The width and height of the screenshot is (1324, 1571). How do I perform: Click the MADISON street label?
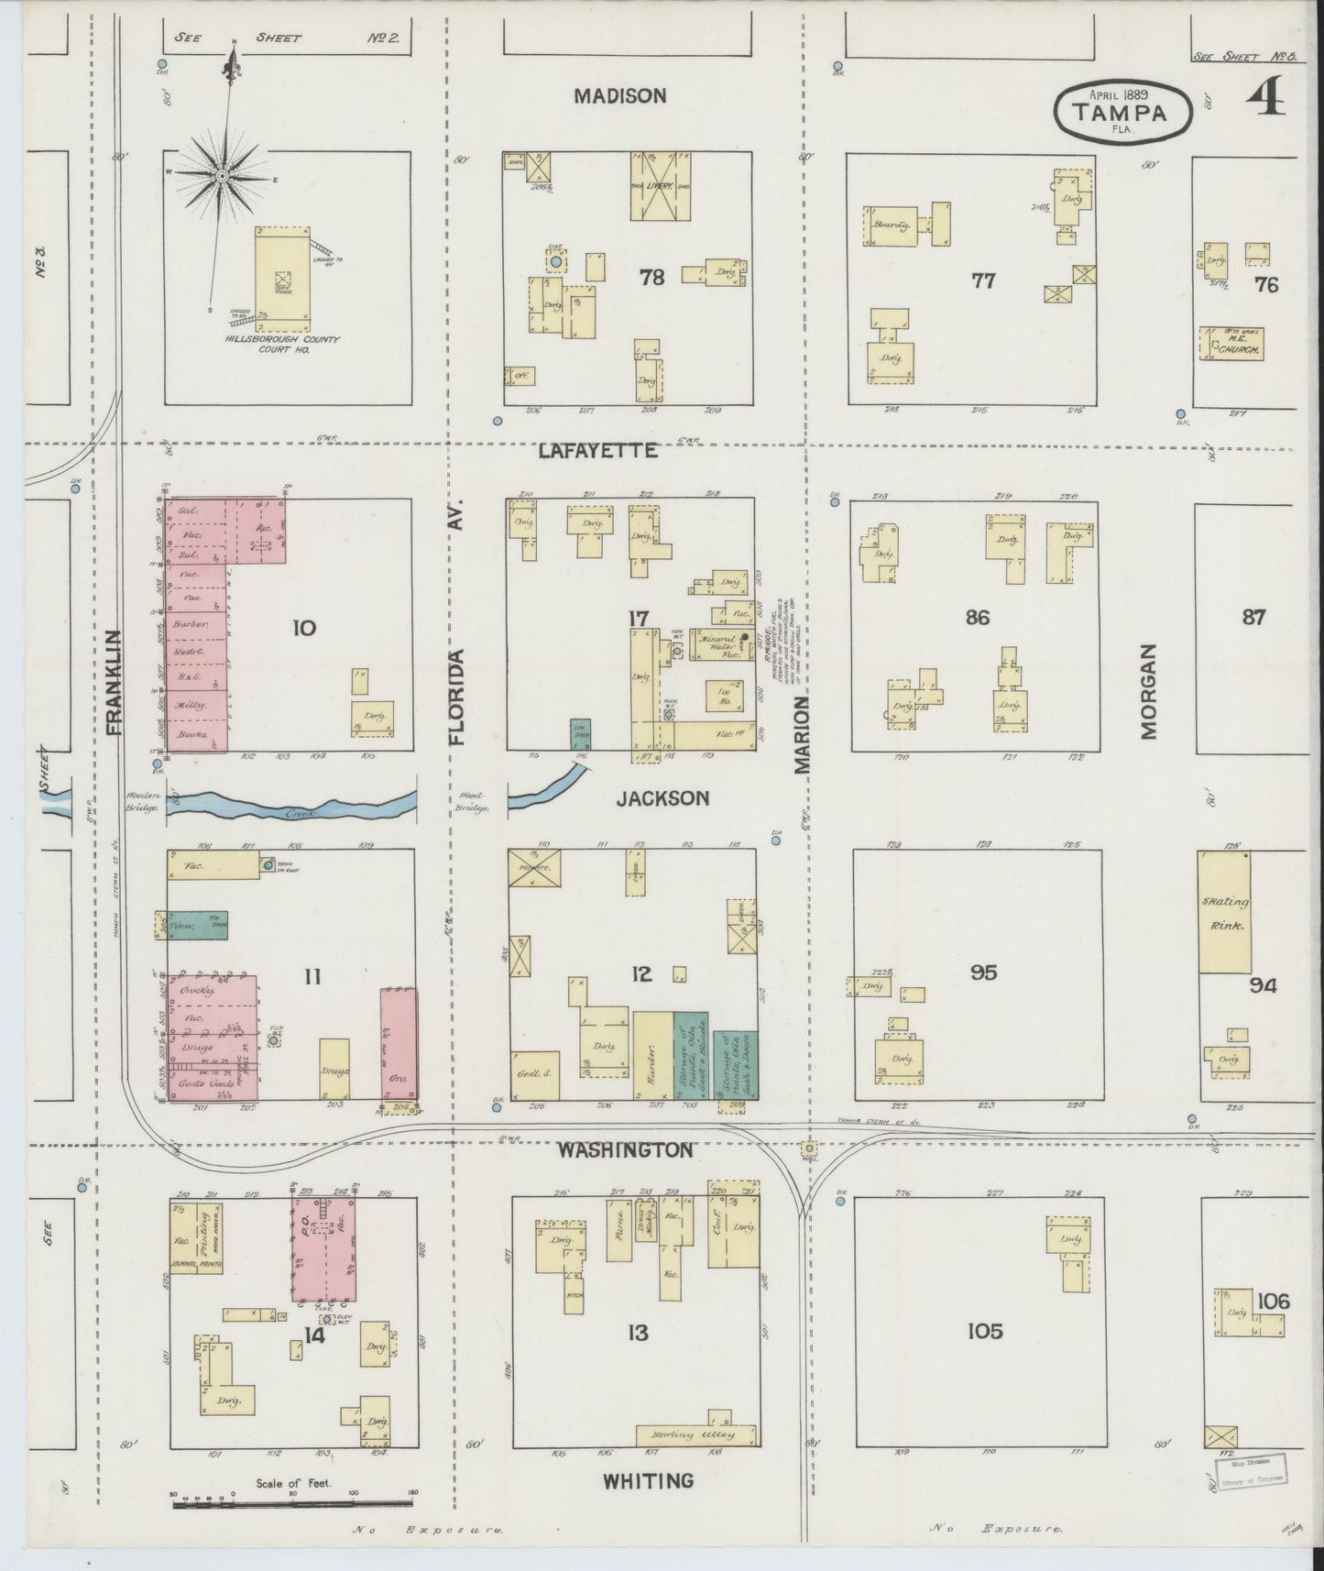tap(620, 95)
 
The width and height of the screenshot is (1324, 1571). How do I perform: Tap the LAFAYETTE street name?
tap(597, 450)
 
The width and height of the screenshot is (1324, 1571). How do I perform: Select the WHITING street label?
tap(648, 1479)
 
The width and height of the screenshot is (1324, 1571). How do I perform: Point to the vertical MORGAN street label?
tap(1150, 690)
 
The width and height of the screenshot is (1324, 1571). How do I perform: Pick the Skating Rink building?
tap(1225, 912)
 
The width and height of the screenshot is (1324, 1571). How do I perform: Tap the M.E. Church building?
tap(1231, 343)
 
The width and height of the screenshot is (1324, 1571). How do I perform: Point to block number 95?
tap(983, 972)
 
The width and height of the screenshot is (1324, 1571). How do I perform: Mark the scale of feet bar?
tap(293, 1501)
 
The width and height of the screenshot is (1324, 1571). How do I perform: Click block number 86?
tap(977, 617)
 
